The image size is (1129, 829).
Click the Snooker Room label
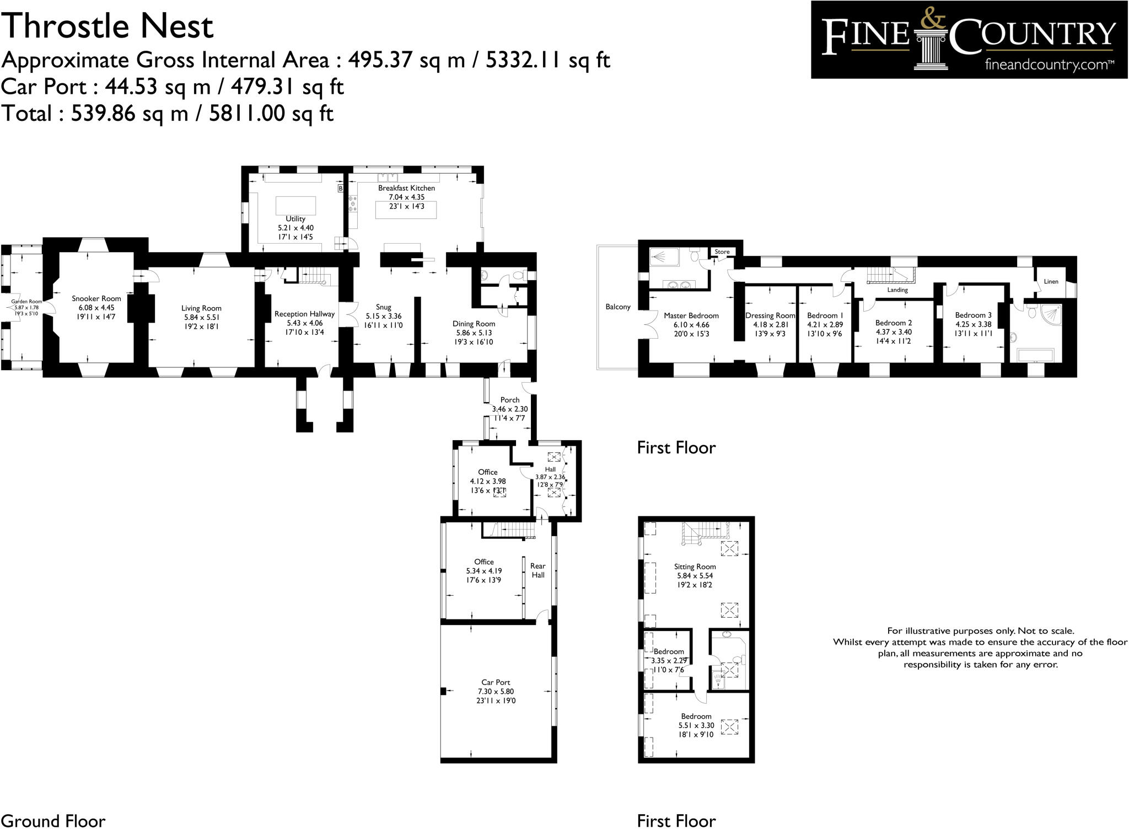[x=96, y=298]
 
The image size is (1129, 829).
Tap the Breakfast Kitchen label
[x=406, y=188]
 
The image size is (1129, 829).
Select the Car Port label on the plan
[x=496, y=682]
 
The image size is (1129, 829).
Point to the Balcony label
[x=617, y=307]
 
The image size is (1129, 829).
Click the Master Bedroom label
[x=691, y=315]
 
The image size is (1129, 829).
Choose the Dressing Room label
[x=770, y=315]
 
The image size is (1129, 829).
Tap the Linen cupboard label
[x=1051, y=281]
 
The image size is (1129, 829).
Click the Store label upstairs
[x=722, y=252]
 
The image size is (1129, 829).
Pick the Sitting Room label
[x=695, y=566]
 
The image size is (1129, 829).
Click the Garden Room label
[x=26, y=302]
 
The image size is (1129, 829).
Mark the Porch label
[x=509, y=400]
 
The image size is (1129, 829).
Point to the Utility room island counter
[x=295, y=205]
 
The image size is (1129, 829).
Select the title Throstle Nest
[x=107, y=26]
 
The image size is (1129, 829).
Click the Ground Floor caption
[x=53, y=821]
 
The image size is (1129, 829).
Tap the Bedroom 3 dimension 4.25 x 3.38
[x=973, y=324]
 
